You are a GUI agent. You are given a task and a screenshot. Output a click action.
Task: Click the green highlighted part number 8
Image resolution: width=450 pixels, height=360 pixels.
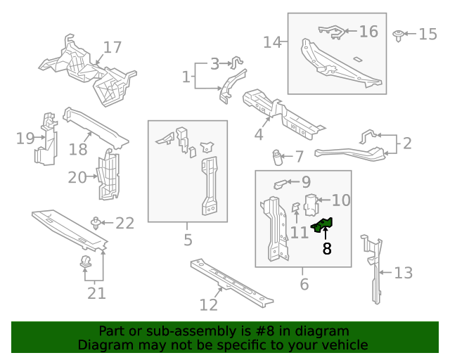coord(322,225)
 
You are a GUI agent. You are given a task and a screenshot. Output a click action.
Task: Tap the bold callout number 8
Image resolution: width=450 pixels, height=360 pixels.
coord(327,248)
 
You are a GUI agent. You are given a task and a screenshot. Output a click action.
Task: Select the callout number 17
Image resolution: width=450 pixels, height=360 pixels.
coord(112,48)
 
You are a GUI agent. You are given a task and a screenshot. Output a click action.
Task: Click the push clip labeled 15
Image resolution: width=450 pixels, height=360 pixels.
coord(399,34)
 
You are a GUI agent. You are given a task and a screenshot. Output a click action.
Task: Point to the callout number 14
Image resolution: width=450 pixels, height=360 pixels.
coord(272,42)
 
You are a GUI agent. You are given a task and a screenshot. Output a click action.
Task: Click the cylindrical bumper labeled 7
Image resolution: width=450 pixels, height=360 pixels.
coord(278,156)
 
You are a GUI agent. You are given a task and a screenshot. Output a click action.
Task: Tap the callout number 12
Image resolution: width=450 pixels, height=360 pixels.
coord(209,304)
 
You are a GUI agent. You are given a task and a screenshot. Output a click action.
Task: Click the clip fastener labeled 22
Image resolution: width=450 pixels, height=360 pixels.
coord(95,223)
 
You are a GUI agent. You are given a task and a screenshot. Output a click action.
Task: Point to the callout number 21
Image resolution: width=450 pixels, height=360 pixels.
coord(96,293)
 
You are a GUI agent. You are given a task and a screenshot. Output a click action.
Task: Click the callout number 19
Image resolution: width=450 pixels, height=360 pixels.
coord(25,138)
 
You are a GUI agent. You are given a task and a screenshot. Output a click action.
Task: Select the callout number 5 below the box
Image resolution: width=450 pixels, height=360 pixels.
coord(188,240)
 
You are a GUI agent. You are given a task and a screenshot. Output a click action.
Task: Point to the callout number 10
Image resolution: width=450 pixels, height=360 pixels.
coord(340,200)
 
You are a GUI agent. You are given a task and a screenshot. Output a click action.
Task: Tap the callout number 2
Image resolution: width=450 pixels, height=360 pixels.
coord(406,144)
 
